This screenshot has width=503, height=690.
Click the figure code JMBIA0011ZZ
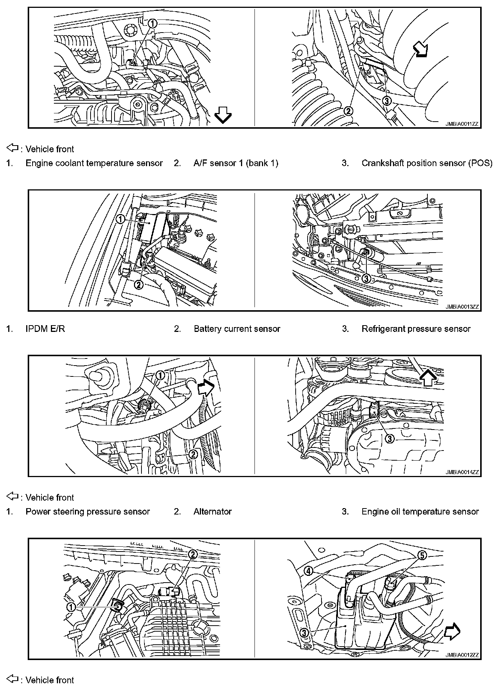tap(462, 123)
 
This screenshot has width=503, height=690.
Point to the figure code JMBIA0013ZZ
tap(462, 307)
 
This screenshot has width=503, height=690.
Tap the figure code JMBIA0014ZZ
tap(462, 472)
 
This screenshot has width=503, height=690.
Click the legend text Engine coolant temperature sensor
tap(94, 163)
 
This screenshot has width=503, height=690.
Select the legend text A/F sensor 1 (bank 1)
tap(236, 163)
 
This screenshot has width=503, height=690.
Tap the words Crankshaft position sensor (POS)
tap(427, 163)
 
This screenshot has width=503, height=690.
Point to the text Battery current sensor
tap(237, 329)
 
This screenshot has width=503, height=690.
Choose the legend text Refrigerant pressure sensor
tap(416, 329)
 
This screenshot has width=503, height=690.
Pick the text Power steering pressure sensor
tap(88, 512)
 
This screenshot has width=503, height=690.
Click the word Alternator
tap(213, 512)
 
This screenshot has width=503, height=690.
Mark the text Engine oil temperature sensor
tap(420, 512)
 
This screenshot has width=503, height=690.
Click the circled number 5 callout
tap(422, 556)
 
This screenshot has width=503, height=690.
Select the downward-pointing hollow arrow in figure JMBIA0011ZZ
tap(223, 115)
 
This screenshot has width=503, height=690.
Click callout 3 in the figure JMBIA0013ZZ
tap(366, 278)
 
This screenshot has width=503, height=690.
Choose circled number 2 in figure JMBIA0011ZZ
tap(348, 111)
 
